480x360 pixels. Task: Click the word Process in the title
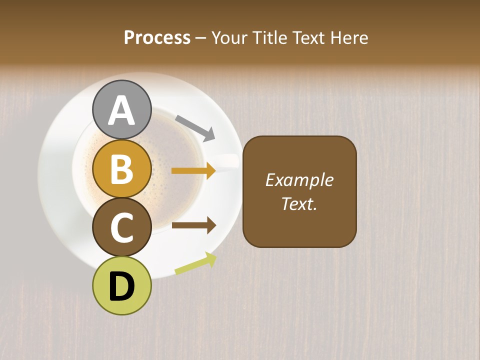tap(157, 37)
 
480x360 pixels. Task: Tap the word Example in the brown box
tap(299, 180)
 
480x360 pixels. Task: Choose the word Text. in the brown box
tap(299, 203)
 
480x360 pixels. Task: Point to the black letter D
tap(121, 286)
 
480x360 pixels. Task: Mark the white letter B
tap(121, 169)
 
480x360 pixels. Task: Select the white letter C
tap(121, 227)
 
